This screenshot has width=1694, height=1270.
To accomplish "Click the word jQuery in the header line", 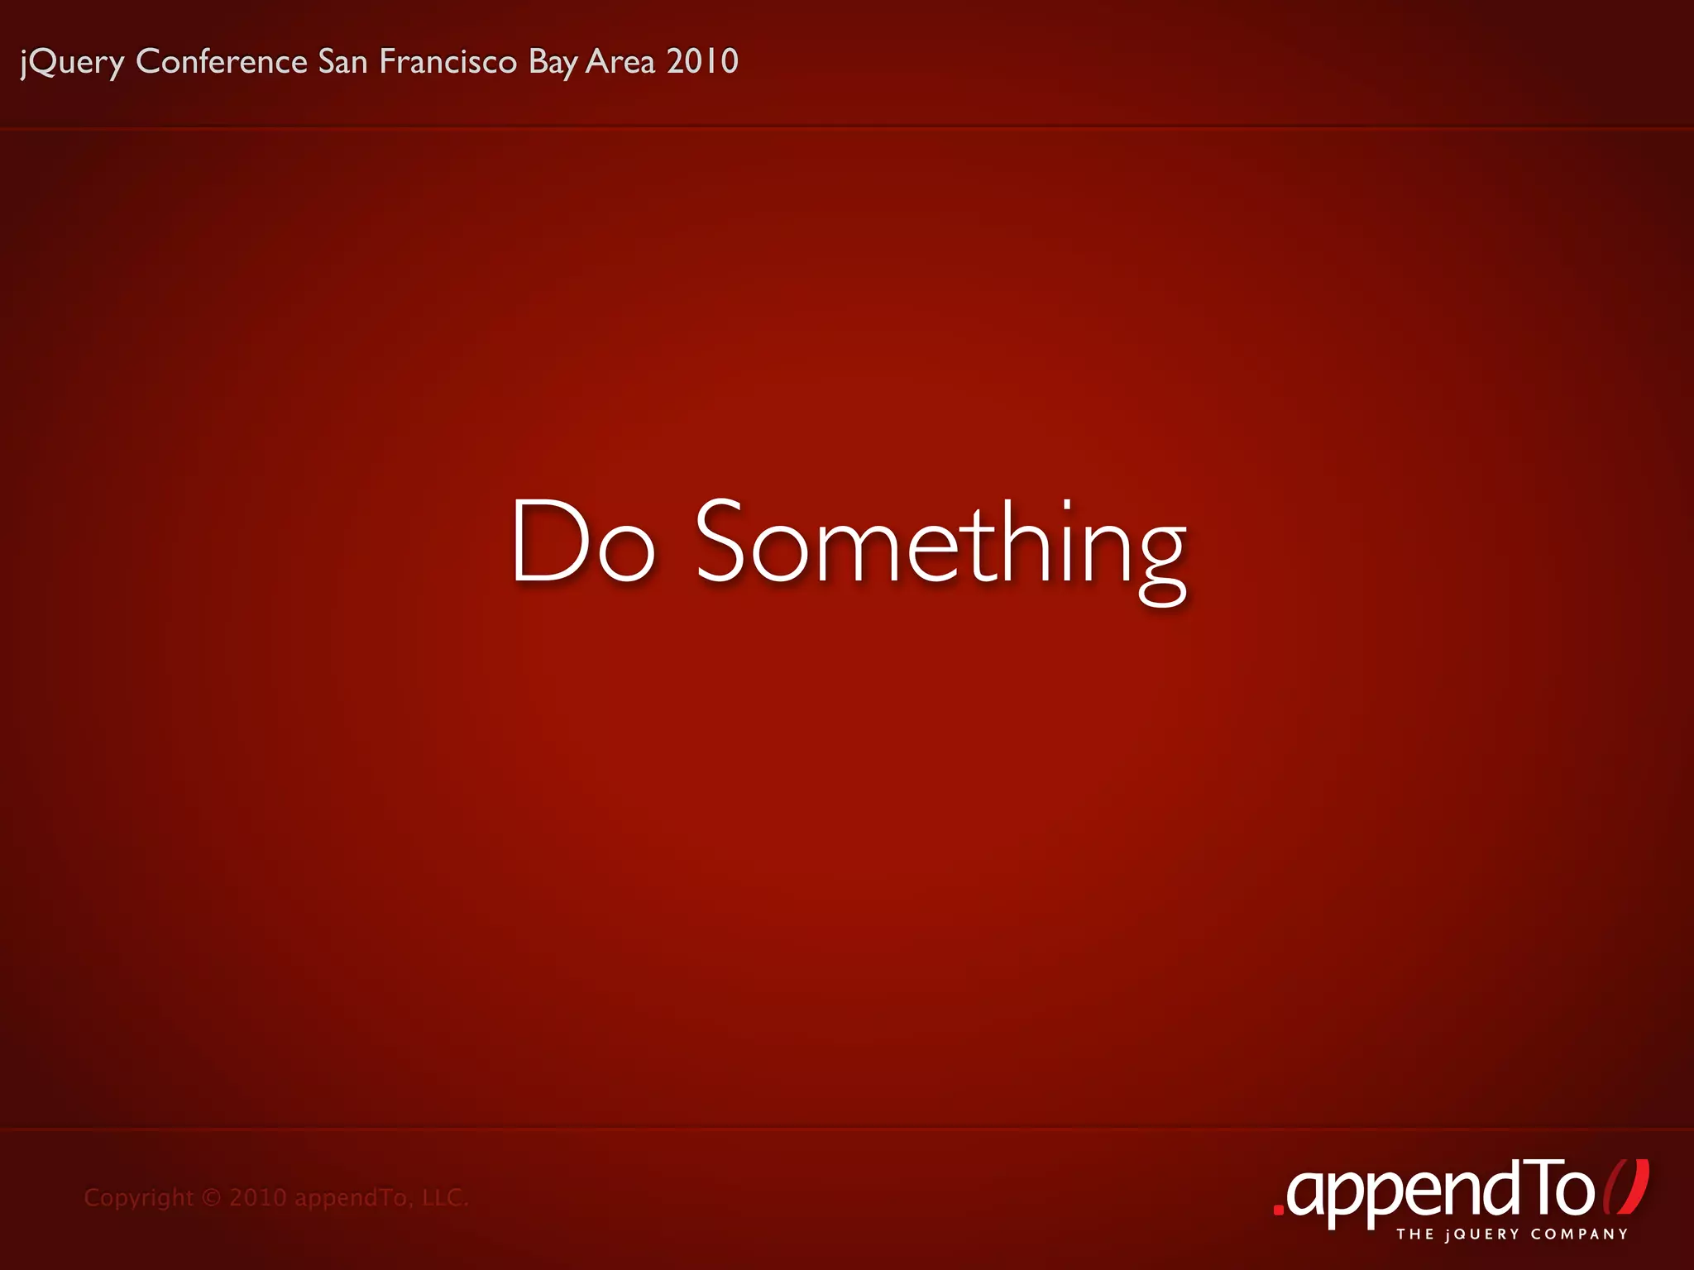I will point(73,63).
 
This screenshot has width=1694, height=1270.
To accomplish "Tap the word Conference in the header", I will point(222,61).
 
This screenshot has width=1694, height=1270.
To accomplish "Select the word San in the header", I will point(343,61).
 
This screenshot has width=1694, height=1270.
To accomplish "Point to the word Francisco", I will point(448,61).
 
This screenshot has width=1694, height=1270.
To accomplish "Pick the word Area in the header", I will point(620,61).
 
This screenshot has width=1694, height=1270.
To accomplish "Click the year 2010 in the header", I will point(702,61).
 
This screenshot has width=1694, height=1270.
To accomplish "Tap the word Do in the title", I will point(583,542).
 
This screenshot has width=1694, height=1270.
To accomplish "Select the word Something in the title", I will point(941,546).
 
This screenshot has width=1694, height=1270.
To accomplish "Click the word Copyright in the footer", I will point(138,1198).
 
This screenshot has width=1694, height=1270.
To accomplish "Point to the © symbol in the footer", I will point(212,1198).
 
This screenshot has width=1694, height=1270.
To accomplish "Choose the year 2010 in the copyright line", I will point(257,1198).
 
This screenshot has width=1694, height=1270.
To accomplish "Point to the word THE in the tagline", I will point(1415,1234).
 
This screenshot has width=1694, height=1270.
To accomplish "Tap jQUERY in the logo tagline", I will point(1483,1234).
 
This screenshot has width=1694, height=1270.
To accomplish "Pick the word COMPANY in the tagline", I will point(1579,1234).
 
